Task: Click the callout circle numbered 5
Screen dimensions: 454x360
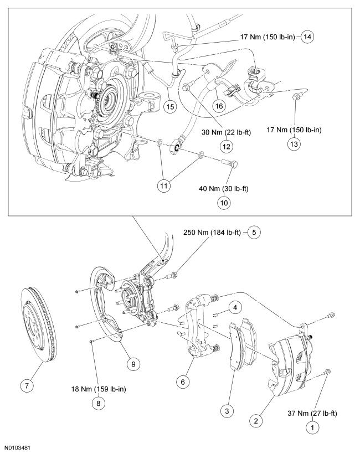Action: tap(254, 232)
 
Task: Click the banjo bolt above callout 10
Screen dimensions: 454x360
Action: tap(231, 163)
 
